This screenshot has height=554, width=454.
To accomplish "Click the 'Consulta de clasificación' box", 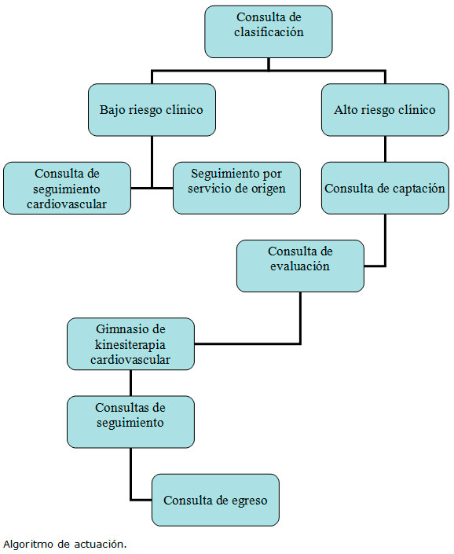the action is tap(269, 31).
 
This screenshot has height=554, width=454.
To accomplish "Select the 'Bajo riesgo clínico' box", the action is tap(152, 110).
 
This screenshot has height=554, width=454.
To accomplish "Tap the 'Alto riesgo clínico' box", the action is tap(385, 110).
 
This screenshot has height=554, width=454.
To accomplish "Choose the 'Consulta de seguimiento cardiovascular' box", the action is tap(67, 188).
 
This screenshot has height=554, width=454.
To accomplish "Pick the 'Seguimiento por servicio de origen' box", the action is tap(236, 188).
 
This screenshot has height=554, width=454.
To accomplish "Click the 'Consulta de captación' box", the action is tap(385, 188).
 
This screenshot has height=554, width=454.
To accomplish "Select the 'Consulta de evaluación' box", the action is tap(300, 266).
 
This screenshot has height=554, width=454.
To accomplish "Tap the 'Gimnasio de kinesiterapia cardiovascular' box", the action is tap(130, 344).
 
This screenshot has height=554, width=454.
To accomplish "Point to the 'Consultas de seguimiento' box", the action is tap(130, 422).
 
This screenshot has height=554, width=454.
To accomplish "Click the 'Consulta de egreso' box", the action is tap(215, 500).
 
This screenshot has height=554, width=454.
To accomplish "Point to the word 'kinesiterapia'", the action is tap(130, 344).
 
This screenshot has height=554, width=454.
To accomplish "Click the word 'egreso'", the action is tap(250, 501).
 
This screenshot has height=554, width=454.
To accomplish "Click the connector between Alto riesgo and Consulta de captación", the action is tap(385, 149).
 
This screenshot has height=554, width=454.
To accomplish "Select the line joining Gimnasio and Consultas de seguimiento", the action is tap(130, 383).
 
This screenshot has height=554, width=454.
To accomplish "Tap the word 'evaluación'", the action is tap(300, 266).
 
